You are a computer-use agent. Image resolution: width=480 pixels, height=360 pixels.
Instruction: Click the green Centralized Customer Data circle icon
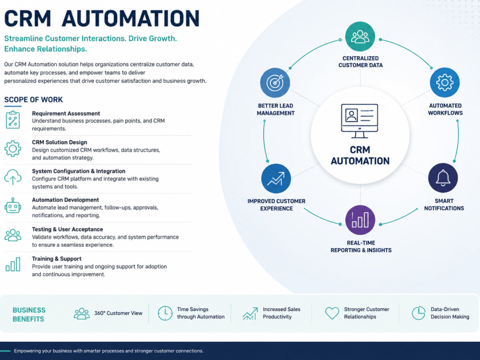point(360,36)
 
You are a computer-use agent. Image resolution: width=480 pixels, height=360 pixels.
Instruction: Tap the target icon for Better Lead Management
point(275,83)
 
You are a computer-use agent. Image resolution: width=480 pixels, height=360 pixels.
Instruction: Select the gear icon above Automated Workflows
point(445,83)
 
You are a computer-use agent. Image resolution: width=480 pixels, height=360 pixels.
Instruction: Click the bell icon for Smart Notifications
point(443,178)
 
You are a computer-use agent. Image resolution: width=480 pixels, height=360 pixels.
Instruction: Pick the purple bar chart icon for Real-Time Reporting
point(360,220)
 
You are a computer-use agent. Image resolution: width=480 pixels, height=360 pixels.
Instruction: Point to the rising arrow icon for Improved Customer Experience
point(276,179)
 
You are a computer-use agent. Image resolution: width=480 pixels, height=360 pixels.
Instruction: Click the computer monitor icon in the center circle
point(360,121)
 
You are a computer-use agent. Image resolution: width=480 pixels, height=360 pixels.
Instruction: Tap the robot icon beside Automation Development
point(13,206)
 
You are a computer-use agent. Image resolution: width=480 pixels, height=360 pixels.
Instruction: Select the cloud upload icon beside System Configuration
point(13,177)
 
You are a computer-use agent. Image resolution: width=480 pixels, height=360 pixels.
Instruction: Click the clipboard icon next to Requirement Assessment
point(13,120)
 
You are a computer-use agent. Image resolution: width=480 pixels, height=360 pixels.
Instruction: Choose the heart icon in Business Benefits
point(332,313)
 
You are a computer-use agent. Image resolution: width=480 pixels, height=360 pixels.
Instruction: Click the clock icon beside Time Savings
point(165,313)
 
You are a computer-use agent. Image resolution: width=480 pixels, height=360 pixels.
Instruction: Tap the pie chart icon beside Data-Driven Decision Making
point(419,313)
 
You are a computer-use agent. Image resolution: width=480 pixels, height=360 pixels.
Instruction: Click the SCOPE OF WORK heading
point(34,99)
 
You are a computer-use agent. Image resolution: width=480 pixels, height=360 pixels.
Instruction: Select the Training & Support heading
point(57,259)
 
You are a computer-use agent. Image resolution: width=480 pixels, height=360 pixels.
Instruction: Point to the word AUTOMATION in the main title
point(131,19)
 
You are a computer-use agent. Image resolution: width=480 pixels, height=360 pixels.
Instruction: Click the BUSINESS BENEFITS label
point(29,314)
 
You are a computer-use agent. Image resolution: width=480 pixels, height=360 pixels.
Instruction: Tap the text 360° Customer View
point(118,313)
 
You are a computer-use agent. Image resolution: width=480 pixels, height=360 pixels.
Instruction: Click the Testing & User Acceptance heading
point(67,229)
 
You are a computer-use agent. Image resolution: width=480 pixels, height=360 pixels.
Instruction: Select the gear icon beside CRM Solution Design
point(13,149)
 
